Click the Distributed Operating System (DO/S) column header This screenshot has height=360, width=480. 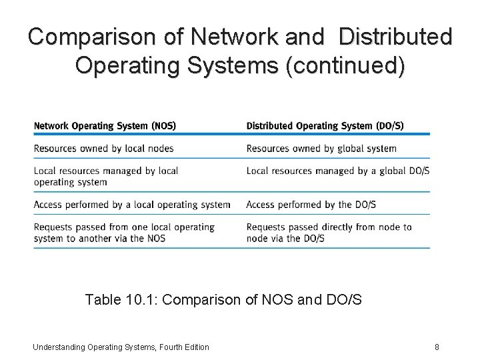click(x=325, y=125)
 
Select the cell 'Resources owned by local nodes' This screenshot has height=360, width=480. click(x=103, y=148)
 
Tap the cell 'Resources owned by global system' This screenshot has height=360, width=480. click(x=321, y=148)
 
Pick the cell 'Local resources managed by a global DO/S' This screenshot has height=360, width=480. click(x=337, y=171)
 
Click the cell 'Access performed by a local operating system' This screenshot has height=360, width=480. click(x=132, y=205)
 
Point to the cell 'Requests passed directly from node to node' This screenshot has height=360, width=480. click(x=329, y=233)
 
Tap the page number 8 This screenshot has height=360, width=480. click(x=437, y=347)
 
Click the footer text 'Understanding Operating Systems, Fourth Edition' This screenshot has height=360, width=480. click(x=121, y=347)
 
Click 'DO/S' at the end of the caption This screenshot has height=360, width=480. click(x=345, y=299)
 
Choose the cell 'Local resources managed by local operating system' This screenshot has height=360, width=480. click(x=106, y=176)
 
